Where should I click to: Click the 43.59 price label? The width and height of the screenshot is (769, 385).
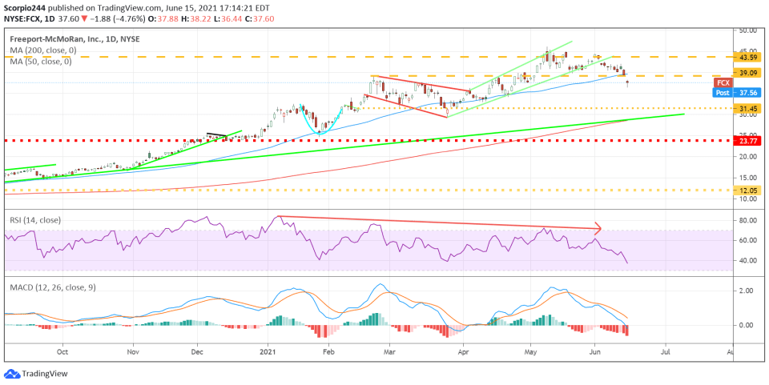click(748, 57)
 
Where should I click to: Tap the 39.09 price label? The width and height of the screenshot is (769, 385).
click(748, 73)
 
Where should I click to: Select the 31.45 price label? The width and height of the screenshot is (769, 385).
click(748, 108)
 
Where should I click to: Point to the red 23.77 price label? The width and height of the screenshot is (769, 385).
click(748, 140)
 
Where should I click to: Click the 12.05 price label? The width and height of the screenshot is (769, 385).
click(748, 190)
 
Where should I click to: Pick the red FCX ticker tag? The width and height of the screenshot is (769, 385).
click(723, 82)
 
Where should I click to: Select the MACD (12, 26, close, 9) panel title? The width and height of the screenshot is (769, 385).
click(52, 287)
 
